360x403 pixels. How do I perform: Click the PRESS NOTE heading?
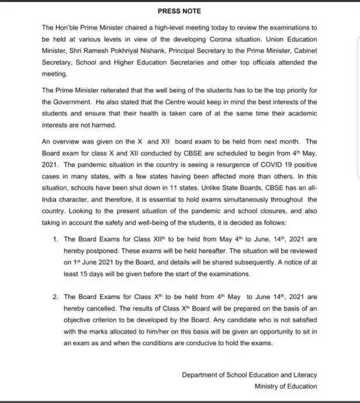(179, 11)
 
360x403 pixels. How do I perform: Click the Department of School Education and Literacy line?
(250, 375)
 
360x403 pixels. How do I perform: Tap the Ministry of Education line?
(286, 386)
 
